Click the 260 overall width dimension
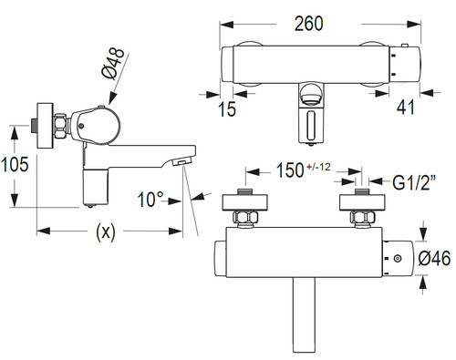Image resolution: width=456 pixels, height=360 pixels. click(x=308, y=24)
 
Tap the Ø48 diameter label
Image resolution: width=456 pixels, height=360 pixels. click(x=113, y=64)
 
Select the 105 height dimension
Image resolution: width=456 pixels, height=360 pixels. click(x=15, y=164)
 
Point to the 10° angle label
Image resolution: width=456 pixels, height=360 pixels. click(x=150, y=200)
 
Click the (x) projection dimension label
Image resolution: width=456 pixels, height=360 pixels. click(x=106, y=231)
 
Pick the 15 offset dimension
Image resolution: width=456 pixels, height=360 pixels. click(x=227, y=109)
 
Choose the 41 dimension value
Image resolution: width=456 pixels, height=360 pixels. click(x=405, y=107)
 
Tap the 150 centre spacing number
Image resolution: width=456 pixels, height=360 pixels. click(x=290, y=170)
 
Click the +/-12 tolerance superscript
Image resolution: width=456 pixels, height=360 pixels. click(x=318, y=167)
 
